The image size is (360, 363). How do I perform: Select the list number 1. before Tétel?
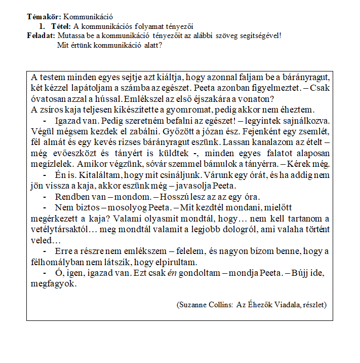coord(42,26)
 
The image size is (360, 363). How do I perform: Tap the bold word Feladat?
coord(41,35)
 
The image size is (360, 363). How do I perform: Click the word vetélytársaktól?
coord(58,229)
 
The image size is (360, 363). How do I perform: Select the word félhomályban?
coord(59,262)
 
